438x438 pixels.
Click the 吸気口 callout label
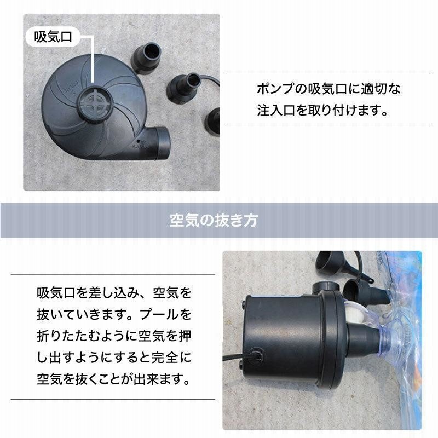(53, 37)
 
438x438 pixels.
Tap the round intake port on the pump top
(95, 105)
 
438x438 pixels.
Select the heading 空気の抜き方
(214, 220)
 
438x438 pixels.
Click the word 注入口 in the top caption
(276, 110)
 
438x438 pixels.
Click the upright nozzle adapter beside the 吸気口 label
(146, 58)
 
